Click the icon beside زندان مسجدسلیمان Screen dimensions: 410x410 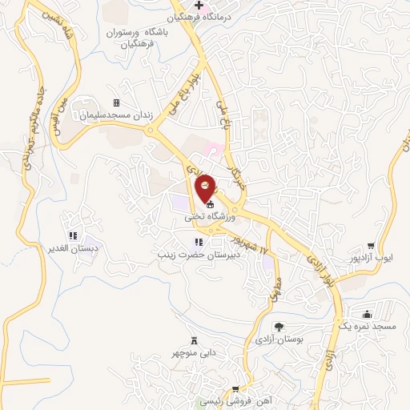117,103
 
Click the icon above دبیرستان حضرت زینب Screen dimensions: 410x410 198,242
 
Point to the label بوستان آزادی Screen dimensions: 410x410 279,340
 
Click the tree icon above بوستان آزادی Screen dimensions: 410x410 279,327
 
